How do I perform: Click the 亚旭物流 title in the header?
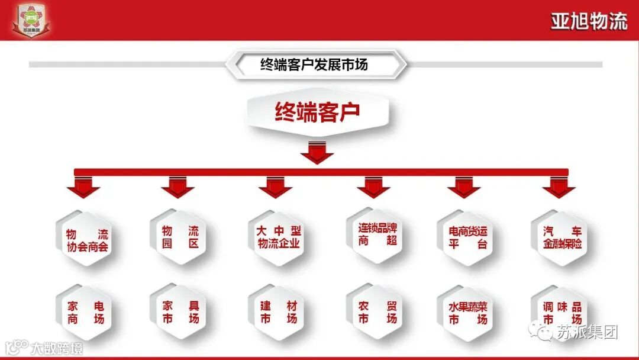pos(588,22)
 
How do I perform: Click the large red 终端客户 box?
pos(317,112)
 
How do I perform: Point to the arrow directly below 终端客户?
pos(317,152)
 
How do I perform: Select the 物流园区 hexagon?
pos(180,236)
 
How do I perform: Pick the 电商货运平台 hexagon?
pos(467,237)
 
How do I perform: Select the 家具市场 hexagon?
pos(180,312)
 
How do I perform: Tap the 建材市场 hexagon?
pos(278,312)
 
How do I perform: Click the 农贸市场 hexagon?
pos(377,312)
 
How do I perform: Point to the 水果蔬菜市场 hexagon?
pos(467,312)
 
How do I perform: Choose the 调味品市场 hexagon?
pos(561,312)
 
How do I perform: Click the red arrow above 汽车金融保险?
pos(558,188)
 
